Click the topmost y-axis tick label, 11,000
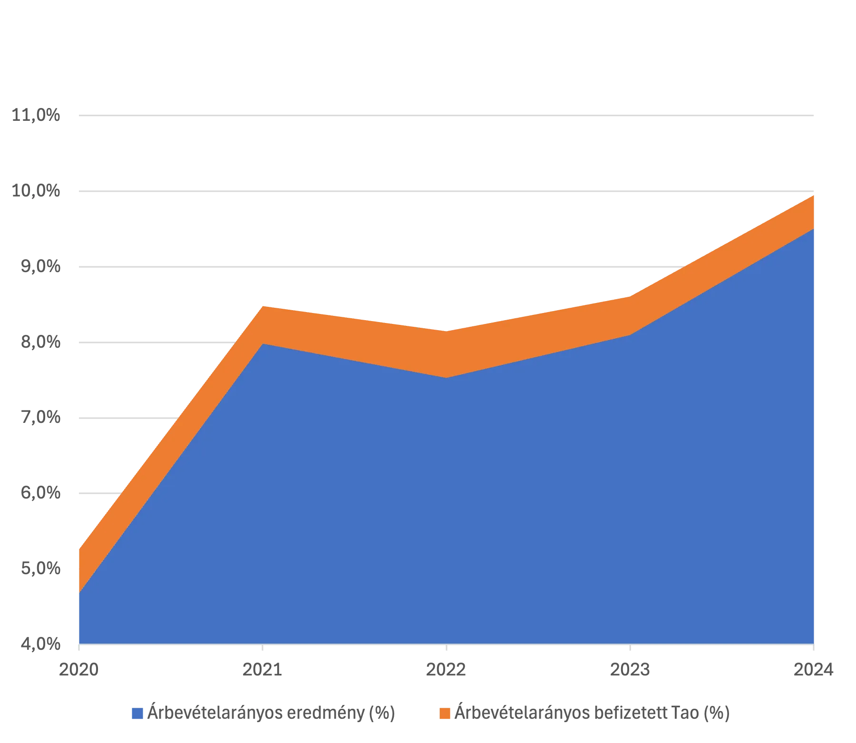click(37, 115)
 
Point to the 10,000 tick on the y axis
click(37, 192)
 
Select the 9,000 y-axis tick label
click(40, 266)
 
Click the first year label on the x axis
click(78, 670)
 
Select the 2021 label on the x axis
click(261, 670)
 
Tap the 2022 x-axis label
click(446, 670)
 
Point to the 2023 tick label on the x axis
click(630, 670)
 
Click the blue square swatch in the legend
click(136, 713)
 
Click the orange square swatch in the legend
click(445, 713)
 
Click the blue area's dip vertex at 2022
click(446, 377)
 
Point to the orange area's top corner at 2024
click(813, 195)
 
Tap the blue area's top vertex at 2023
click(630, 335)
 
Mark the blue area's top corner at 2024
click(813, 229)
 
